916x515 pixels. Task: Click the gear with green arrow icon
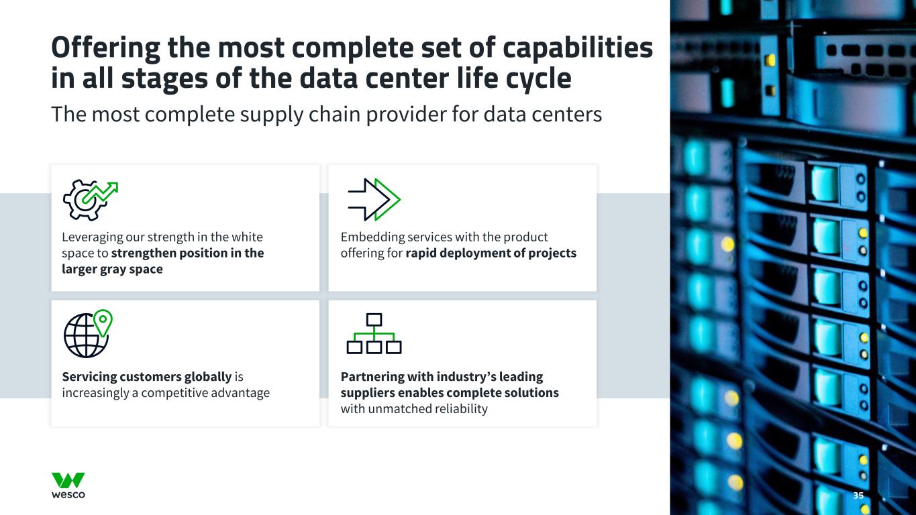click(89, 200)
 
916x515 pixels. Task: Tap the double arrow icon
click(374, 200)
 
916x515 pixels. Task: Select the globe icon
click(85, 335)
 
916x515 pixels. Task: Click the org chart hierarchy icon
click(374, 333)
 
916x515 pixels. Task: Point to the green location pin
click(102, 322)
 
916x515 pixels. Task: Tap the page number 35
click(858, 496)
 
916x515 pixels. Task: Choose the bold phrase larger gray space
click(112, 270)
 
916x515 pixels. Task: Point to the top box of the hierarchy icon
click(374, 319)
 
